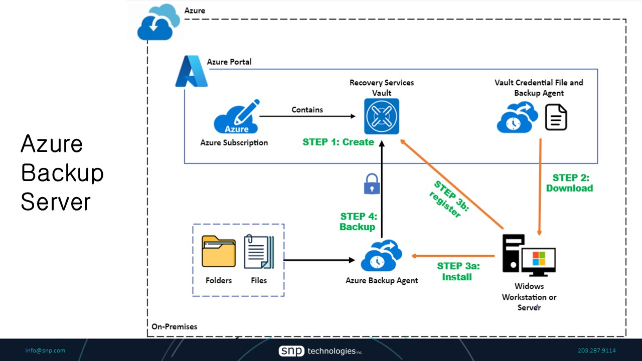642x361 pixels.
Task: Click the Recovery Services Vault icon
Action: [x=382, y=116]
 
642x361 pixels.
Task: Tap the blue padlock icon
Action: [x=371, y=184]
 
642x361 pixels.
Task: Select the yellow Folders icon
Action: [x=219, y=252]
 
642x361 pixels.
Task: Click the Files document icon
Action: [x=259, y=252]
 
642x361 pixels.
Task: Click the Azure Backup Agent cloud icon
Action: [x=382, y=256]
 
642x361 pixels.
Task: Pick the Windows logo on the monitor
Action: [x=539, y=259]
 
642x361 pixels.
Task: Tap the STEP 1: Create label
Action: [x=338, y=142]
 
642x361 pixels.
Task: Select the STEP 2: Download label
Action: [x=570, y=183]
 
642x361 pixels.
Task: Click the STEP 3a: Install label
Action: [x=458, y=271]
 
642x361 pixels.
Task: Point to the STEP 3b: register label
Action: [x=448, y=199]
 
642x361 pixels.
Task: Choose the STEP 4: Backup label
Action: [x=358, y=222]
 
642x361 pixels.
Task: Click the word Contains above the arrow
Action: [x=307, y=110]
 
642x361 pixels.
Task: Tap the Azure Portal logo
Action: [x=191, y=72]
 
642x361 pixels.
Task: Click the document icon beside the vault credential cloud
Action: [x=556, y=117]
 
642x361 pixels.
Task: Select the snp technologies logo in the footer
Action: [x=320, y=351]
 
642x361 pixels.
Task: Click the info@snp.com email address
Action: [x=45, y=350]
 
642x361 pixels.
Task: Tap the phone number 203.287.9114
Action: [x=597, y=350]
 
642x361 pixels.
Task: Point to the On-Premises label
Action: [x=175, y=327]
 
